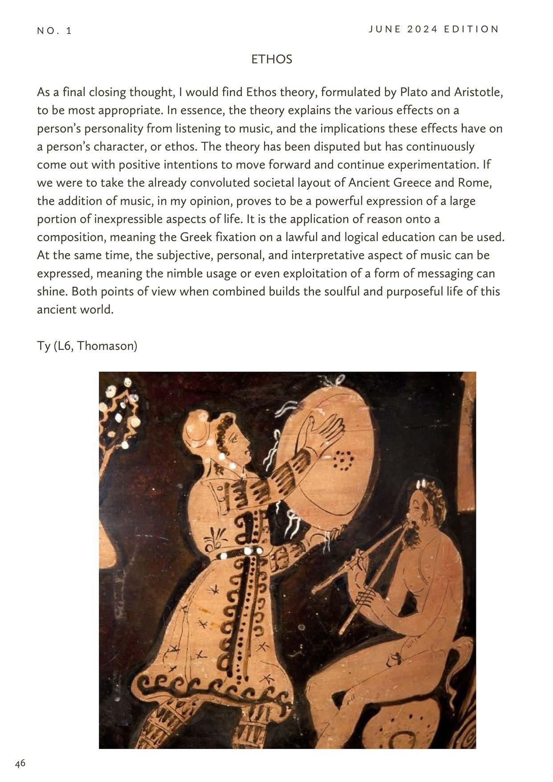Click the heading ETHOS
coord(271,59)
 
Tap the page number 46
coord(20,763)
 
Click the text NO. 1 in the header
coord(54,31)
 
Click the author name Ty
coord(44,346)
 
